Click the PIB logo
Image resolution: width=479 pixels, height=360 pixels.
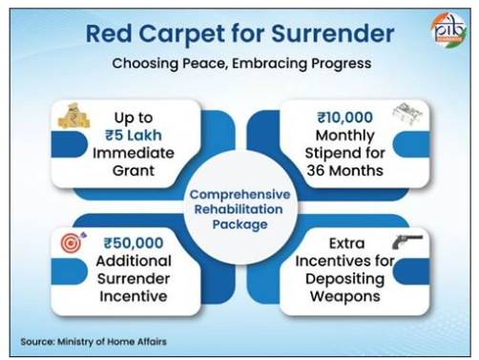pyautogui.click(x=449, y=30)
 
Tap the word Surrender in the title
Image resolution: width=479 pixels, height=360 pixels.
pyautogui.click(x=333, y=33)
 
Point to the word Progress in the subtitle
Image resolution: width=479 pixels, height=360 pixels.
pyautogui.click(x=341, y=64)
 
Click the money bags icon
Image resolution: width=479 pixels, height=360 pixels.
pyautogui.click(x=73, y=116)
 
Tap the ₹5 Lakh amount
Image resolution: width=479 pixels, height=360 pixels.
pyautogui.click(x=134, y=136)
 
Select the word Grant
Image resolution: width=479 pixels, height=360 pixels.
pyautogui.click(x=134, y=171)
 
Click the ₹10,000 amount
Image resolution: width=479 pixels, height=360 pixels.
pyautogui.click(x=345, y=117)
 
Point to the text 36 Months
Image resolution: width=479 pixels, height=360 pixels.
pyautogui.click(x=345, y=171)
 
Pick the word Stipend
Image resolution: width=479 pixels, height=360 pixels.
pyautogui.click(x=330, y=154)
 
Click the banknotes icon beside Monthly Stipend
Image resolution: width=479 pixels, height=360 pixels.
pyautogui.click(x=407, y=114)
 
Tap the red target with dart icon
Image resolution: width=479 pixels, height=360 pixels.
pyautogui.click(x=73, y=243)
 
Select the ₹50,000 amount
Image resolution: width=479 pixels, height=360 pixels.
pyautogui.click(x=134, y=244)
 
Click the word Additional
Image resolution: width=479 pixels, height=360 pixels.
pyautogui.click(x=134, y=261)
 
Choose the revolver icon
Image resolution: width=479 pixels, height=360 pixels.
pyautogui.click(x=407, y=242)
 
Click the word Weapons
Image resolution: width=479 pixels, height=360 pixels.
pyautogui.click(x=345, y=297)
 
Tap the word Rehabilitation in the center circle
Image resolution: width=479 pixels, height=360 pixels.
pyautogui.click(x=239, y=209)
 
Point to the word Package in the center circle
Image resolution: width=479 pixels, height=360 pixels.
pyautogui.click(x=239, y=224)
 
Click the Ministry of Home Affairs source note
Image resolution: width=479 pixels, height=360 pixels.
pyautogui.click(x=94, y=342)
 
